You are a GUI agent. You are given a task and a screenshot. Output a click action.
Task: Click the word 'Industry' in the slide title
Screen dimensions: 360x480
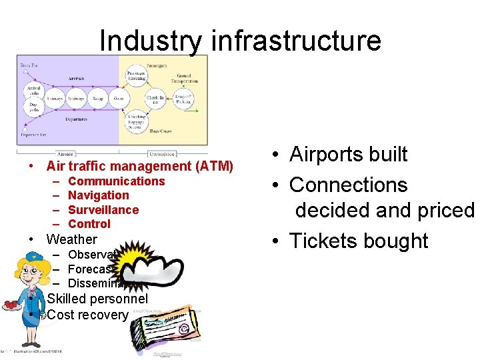(x=151, y=41)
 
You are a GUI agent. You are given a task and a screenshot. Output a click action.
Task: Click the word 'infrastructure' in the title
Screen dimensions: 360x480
(x=296, y=41)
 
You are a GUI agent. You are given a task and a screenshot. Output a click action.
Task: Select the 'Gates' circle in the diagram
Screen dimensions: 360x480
(x=118, y=98)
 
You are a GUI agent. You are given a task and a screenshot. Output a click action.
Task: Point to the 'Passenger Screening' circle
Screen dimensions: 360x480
(x=136, y=75)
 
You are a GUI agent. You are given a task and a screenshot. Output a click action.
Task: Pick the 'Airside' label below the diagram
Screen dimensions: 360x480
(x=67, y=153)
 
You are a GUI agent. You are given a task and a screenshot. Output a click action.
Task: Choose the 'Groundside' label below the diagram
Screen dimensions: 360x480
(x=163, y=153)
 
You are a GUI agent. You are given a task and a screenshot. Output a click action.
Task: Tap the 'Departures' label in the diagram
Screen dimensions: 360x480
(x=75, y=119)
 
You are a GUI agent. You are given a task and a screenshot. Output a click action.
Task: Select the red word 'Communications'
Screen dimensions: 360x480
(x=116, y=181)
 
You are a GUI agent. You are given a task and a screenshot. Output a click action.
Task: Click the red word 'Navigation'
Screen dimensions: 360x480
(x=99, y=195)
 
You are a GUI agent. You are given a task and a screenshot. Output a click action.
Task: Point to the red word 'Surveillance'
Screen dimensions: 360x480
(x=103, y=210)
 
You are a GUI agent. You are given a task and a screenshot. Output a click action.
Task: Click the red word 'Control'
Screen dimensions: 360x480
(x=89, y=224)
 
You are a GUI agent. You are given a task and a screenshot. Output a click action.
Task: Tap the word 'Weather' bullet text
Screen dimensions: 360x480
(x=71, y=239)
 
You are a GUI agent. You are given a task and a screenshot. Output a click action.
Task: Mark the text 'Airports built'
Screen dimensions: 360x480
(x=348, y=155)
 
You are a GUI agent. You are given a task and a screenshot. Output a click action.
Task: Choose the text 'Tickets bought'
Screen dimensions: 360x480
(x=359, y=241)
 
